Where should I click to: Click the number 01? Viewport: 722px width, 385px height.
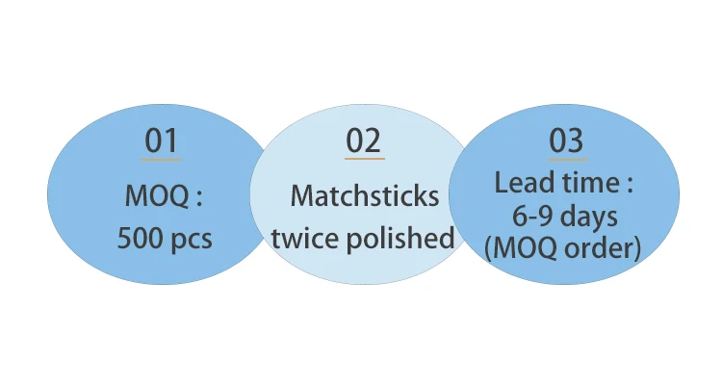point(162,141)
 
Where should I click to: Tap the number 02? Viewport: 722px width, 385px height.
point(364,141)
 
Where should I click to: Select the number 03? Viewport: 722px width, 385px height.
point(566,141)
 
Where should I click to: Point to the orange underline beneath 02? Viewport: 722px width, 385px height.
point(364,159)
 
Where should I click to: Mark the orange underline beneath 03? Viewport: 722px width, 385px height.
point(566,159)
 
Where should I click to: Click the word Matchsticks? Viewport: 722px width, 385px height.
point(364,196)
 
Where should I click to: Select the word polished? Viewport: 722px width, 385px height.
point(402,237)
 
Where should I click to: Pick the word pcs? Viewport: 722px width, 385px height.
point(191,239)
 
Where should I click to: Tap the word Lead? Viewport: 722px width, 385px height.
point(520,183)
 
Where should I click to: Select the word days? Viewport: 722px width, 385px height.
point(591,216)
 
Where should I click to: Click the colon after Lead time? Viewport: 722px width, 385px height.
point(632,185)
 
